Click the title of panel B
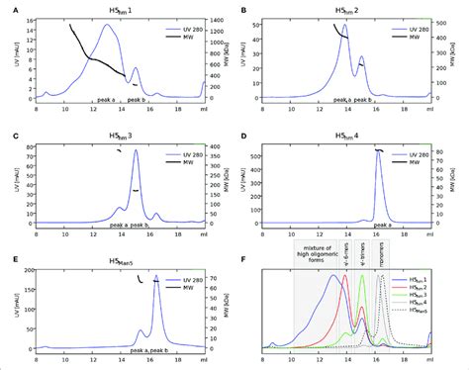345,8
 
